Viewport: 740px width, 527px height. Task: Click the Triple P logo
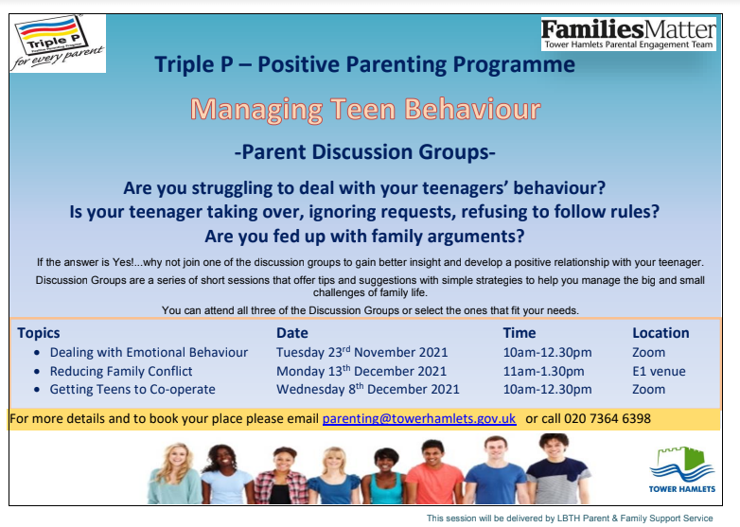[58, 44]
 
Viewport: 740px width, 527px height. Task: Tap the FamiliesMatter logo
[628, 34]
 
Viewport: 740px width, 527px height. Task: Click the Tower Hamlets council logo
[682, 469]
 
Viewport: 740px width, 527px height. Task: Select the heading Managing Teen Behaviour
[365, 109]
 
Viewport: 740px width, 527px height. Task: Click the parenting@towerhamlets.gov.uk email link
[419, 418]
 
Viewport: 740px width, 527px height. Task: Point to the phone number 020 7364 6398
[608, 418]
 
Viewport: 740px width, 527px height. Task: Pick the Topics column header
[39, 333]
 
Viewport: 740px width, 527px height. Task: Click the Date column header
[292, 333]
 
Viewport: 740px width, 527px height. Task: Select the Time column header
[520, 333]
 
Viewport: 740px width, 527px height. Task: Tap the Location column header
[661, 333]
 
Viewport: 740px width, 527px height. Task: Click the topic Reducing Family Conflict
[121, 371]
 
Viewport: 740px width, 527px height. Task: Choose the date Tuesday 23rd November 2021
[362, 352]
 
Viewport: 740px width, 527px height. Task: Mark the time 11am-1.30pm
[544, 371]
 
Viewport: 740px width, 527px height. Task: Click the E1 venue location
[659, 371]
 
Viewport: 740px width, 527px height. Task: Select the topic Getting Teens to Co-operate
[132, 389]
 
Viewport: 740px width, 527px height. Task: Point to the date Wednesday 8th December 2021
[368, 389]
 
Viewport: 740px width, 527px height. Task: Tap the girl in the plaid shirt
[282, 476]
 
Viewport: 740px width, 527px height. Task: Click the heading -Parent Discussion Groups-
[365, 152]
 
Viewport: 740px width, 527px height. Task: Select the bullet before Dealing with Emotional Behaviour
[37, 353]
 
